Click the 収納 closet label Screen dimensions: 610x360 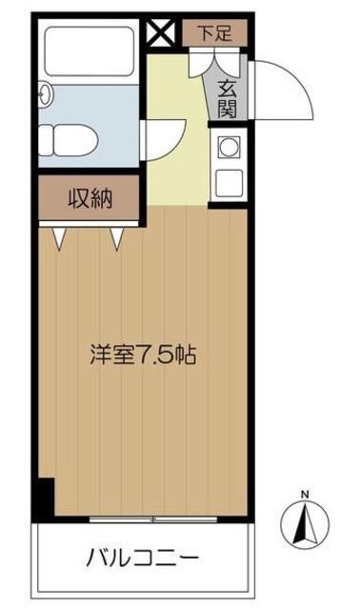(90, 199)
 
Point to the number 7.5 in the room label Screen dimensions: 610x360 (151, 356)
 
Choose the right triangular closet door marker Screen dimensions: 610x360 (117, 236)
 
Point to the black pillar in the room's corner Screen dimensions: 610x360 (43, 499)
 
